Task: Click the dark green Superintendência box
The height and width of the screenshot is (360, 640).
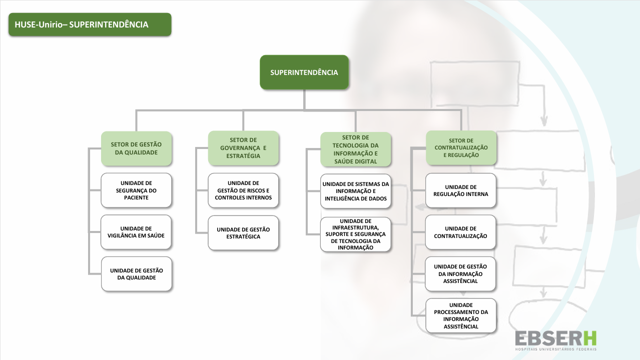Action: (x=304, y=72)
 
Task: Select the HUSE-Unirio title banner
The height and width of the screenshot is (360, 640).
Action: (x=90, y=24)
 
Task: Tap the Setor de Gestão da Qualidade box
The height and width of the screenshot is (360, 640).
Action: (x=136, y=148)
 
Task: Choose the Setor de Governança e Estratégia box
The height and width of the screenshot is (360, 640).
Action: (x=243, y=148)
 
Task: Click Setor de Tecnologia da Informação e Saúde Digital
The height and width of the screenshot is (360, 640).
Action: (x=356, y=149)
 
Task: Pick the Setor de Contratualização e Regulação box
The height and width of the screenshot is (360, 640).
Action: (x=461, y=148)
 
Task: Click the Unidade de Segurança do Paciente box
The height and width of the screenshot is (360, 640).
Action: (x=136, y=190)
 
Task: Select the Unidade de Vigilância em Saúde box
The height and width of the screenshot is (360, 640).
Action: (x=136, y=232)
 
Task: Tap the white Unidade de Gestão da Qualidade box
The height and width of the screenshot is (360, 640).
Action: (x=137, y=274)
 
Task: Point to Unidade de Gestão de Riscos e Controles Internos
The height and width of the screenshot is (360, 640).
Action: (x=243, y=190)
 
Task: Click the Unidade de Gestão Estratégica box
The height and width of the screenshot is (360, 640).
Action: (x=243, y=233)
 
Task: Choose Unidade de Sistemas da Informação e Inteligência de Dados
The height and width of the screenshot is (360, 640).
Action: (x=356, y=191)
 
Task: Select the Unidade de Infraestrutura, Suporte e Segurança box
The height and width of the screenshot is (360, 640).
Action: (x=356, y=234)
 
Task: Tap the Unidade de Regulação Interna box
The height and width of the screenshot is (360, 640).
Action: (x=461, y=190)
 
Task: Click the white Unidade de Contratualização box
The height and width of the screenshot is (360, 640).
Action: (x=461, y=232)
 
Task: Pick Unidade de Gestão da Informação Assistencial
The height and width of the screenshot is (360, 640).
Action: (x=461, y=273)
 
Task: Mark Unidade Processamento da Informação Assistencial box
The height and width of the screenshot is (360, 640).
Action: (x=461, y=315)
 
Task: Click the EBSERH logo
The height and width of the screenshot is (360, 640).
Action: (x=556, y=339)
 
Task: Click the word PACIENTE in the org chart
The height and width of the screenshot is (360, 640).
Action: (x=136, y=197)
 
